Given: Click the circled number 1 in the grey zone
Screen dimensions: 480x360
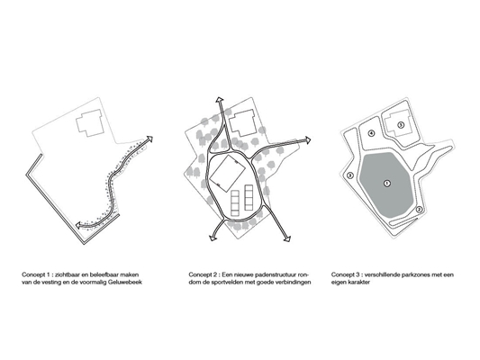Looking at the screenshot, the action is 387,184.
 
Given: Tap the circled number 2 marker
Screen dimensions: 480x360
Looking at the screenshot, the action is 419,210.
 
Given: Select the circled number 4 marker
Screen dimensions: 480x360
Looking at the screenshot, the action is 371,133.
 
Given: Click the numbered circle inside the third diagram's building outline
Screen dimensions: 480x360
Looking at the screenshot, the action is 401,125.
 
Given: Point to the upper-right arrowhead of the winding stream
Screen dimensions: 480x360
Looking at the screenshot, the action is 149,139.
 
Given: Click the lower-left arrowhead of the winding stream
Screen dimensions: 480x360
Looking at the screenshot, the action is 78,225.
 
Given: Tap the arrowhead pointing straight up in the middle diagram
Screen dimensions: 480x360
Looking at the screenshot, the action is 220,100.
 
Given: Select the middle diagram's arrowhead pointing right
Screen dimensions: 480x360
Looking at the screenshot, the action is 307,140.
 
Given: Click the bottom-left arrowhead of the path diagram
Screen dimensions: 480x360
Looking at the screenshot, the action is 213,238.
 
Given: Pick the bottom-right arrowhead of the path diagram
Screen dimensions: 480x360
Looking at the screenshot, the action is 287,238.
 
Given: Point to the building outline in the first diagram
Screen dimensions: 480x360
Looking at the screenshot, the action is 90,122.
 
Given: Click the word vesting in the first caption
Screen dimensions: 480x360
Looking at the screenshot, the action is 44,283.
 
